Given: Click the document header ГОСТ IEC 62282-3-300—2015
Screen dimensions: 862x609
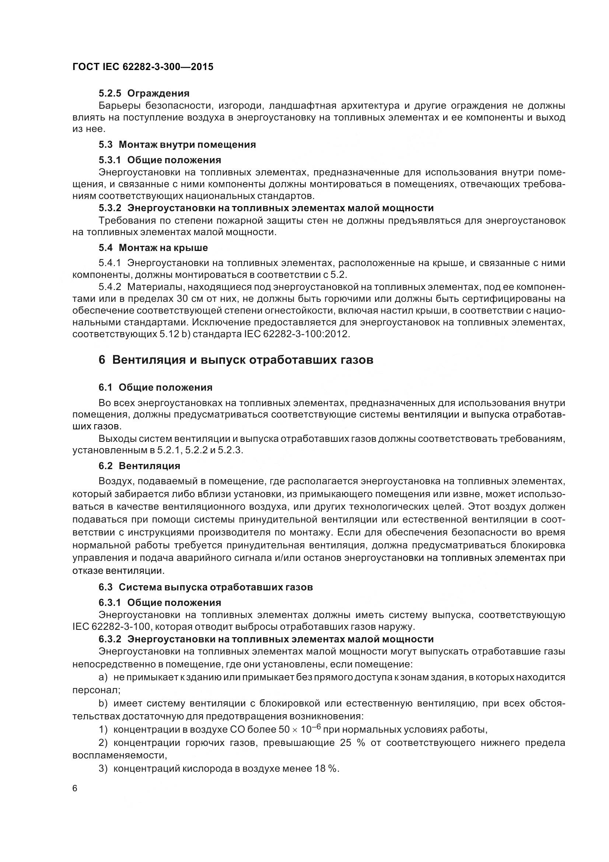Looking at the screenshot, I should coord(143,67).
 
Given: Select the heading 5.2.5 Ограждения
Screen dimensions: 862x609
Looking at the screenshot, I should coord(144,93).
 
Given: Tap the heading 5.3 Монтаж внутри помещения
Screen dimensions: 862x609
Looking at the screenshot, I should coord(177,144).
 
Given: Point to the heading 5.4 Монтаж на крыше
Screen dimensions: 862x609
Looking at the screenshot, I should coord(153,248).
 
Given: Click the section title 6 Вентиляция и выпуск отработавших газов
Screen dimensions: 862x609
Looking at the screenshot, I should coord(236,360).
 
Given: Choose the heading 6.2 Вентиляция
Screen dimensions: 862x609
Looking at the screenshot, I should coord(139,466).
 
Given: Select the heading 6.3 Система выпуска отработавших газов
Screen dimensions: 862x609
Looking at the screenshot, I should coord(206,587).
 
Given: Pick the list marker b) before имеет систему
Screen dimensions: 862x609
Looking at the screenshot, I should coord(103,703).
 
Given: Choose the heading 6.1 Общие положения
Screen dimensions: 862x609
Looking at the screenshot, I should coord(155,387).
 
